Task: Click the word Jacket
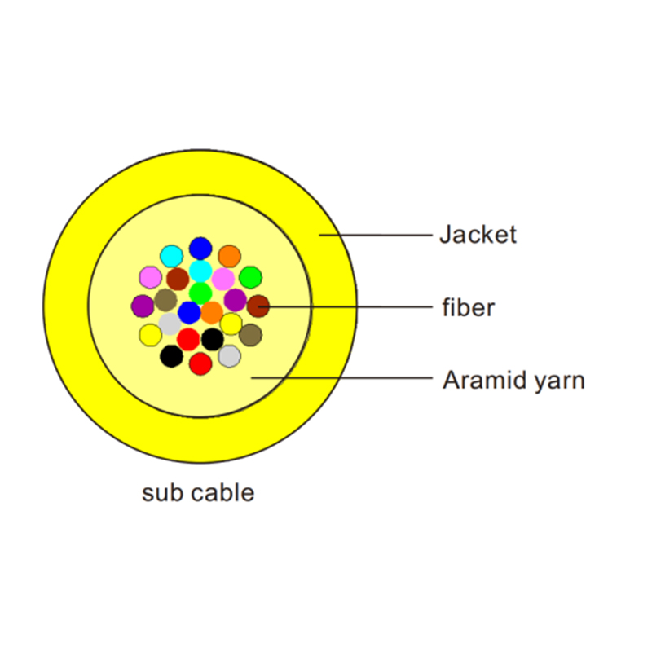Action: pyautogui.click(x=478, y=235)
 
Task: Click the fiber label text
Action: pyautogui.click(x=468, y=308)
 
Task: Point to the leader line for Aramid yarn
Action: pyautogui.click(x=342, y=378)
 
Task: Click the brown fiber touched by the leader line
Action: pyautogui.click(x=258, y=306)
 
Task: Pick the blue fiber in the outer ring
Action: pyautogui.click(x=200, y=249)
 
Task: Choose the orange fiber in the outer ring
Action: pyautogui.click(x=230, y=256)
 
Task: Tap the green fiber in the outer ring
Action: pyautogui.click(x=250, y=277)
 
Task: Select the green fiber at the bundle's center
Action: pyautogui.click(x=200, y=293)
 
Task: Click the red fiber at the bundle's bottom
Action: pyautogui.click(x=200, y=363)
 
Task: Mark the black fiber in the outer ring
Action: pyautogui.click(x=171, y=355)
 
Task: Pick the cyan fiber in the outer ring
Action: pyautogui.click(x=171, y=256)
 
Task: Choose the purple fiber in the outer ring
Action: pyautogui.click(x=143, y=306)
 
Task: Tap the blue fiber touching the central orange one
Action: pyautogui.click(x=189, y=312)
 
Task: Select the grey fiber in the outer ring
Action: pyautogui.click(x=230, y=355)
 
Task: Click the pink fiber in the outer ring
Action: pyautogui.click(x=151, y=277)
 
